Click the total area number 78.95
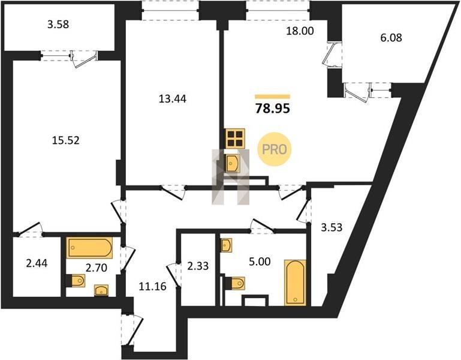(273, 109)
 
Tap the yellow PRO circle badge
(274, 149)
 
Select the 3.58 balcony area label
(58, 25)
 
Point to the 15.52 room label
(65, 140)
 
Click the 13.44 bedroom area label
(172, 99)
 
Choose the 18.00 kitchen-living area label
(300, 31)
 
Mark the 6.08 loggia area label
(391, 38)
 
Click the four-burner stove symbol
(234, 139)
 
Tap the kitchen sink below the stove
(232, 164)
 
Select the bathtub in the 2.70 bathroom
(89, 248)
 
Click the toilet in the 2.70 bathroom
(77, 281)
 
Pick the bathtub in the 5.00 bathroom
(295, 283)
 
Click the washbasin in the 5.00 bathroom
(226, 245)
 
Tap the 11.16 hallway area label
(152, 286)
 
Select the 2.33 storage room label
(198, 266)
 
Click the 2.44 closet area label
(37, 263)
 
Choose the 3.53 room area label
(332, 227)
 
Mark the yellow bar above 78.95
(273, 97)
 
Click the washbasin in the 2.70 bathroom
(101, 290)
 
